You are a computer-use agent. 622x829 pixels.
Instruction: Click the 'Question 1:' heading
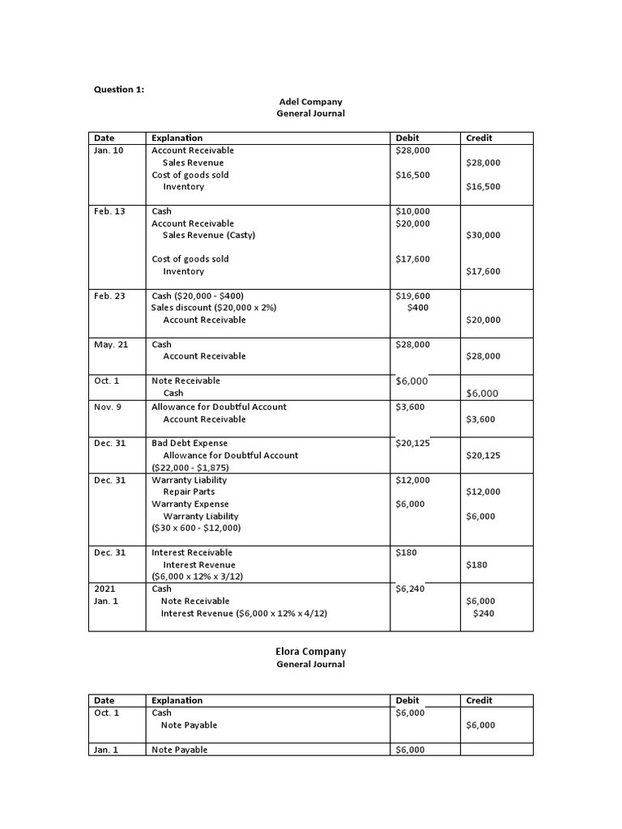tap(119, 89)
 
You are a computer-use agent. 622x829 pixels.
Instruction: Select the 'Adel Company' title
tap(310, 102)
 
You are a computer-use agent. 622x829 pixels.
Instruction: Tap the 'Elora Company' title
tap(310, 651)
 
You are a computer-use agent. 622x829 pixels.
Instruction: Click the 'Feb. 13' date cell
tap(109, 211)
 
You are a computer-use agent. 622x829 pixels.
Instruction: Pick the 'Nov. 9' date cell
tap(108, 406)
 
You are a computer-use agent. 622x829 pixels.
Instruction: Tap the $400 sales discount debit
tap(418, 308)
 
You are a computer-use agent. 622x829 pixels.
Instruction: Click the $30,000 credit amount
tap(484, 236)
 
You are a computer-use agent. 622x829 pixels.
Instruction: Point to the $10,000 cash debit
tap(412, 211)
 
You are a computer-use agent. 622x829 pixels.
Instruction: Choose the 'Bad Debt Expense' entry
tap(190, 443)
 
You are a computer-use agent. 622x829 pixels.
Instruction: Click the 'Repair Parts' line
tap(189, 491)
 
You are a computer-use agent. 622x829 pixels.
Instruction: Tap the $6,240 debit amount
tap(410, 589)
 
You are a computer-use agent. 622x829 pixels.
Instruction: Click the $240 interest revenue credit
tap(484, 613)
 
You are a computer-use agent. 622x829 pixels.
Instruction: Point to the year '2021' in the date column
tap(105, 589)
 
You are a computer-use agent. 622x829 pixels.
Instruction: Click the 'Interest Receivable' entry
tap(192, 552)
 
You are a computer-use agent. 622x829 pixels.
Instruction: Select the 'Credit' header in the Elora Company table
tap(479, 700)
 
